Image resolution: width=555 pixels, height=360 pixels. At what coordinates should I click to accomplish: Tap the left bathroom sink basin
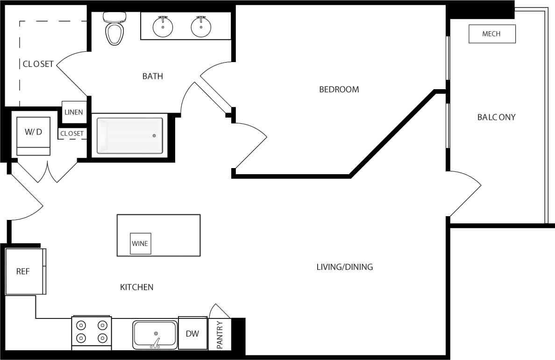tap(163, 27)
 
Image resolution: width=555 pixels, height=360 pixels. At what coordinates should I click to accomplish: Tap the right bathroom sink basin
tap(201, 27)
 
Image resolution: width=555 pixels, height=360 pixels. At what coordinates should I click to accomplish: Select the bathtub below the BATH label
tap(130, 135)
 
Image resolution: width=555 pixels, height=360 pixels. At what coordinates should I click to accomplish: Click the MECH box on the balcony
tap(491, 34)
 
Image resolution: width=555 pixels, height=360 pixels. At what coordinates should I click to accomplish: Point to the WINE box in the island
tap(140, 243)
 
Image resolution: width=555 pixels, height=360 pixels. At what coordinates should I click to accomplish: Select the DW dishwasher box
tap(192, 333)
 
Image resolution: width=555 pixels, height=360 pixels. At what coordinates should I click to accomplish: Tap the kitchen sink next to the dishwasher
tap(155, 334)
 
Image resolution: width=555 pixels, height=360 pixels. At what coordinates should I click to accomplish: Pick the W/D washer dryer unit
tap(33, 135)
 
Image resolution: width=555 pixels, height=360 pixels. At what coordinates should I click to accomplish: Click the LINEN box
tap(74, 112)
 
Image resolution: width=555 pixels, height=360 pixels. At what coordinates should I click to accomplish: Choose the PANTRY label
tap(220, 334)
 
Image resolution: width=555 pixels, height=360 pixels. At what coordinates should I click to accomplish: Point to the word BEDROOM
tap(339, 89)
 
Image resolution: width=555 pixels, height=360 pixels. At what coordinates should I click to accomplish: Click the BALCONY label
tap(496, 117)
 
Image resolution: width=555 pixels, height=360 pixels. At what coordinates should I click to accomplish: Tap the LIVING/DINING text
tap(344, 267)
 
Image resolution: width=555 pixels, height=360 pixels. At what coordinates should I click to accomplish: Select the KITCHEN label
tap(137, 287)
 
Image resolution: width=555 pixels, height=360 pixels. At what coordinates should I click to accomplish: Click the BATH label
tap(153, 76)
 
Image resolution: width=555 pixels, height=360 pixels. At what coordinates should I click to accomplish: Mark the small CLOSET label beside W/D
tap(72, 134)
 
